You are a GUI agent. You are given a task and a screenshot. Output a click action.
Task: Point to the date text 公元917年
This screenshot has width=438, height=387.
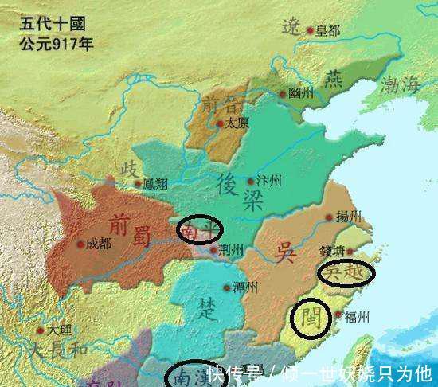pos(56,42)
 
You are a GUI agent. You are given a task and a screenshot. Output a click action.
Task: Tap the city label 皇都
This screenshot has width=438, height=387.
pos(327,30)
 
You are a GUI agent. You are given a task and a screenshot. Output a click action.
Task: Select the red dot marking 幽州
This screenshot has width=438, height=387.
pos(282,94)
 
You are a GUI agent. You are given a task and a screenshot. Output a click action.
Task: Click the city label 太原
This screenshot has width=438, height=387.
pos(237,123)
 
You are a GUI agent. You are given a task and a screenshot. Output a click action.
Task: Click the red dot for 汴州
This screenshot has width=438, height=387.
pos(251,181)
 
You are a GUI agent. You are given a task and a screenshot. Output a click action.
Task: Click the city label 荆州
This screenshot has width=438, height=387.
pos(229,249)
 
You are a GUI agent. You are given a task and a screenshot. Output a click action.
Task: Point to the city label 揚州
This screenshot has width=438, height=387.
pos(348,217)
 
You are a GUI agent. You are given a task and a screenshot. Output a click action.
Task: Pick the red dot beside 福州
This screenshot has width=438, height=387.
pos(340,315)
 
